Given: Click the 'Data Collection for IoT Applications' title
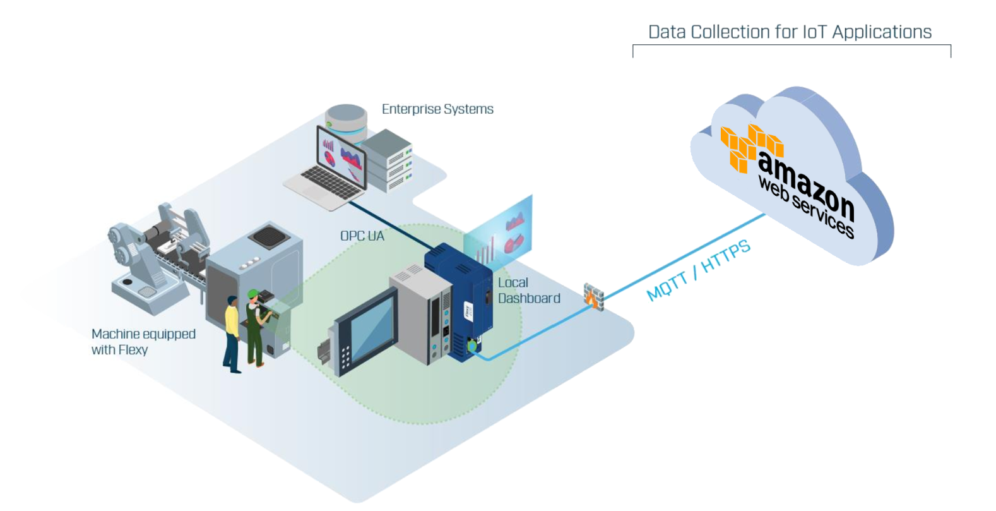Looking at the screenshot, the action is [790, 32].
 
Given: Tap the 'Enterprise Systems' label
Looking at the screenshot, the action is [437, 109].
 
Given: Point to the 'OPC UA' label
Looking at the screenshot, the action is [362, 236].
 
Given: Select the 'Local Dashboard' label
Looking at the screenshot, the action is [529, 290].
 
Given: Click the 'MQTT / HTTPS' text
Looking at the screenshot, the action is [698, 270].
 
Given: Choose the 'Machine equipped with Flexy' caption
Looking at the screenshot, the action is [143, 342].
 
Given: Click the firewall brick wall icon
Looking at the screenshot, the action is [594, 297].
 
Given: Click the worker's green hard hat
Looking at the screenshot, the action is [253, 293].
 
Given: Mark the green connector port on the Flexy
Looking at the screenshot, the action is [471, 345].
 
